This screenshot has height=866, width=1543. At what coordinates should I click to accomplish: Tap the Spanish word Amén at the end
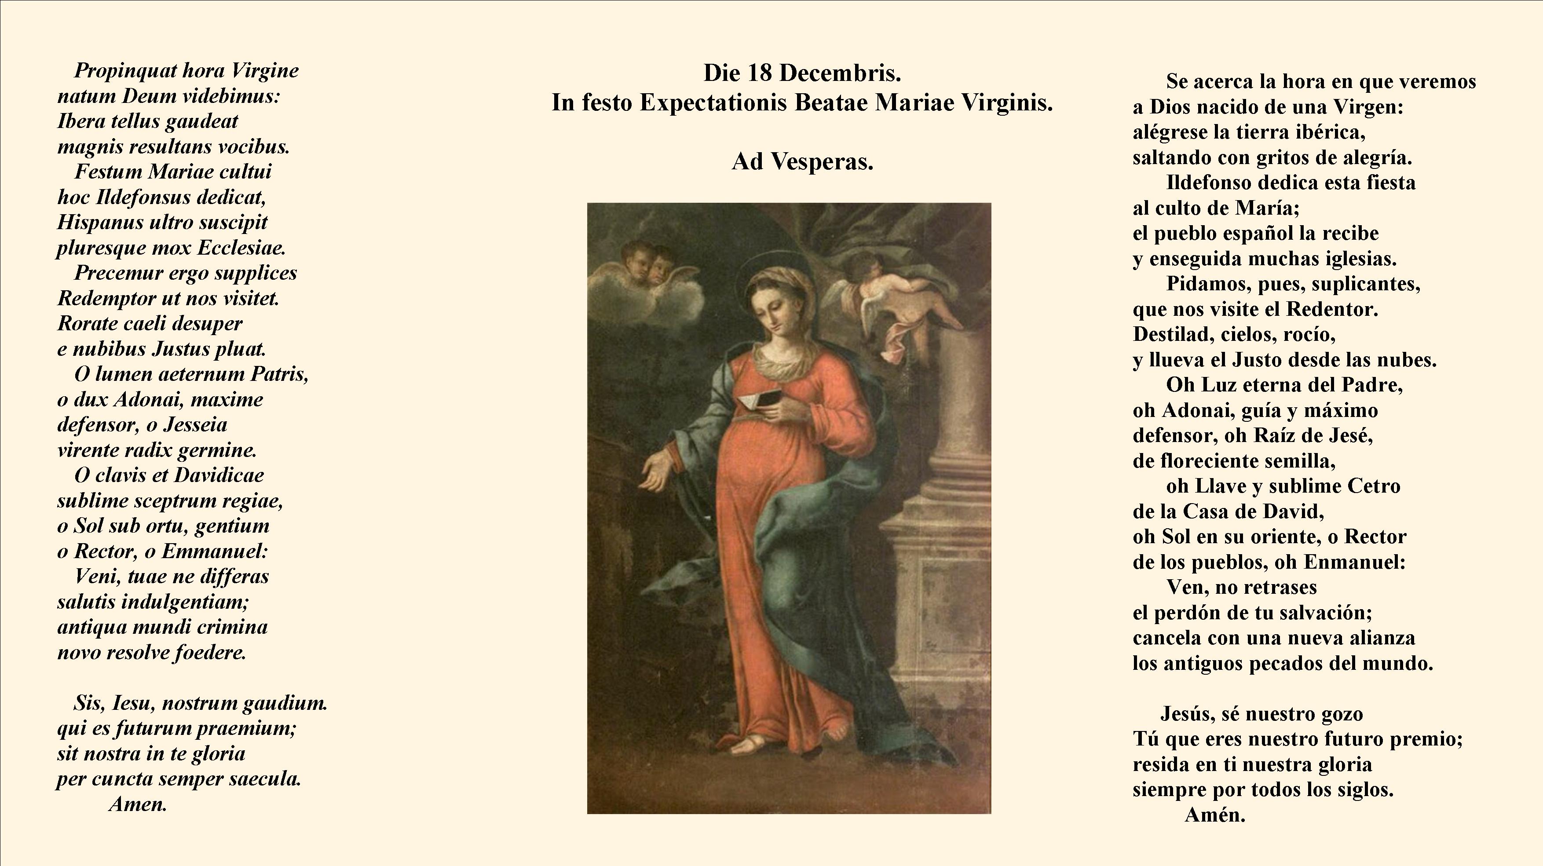[1215, 815]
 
